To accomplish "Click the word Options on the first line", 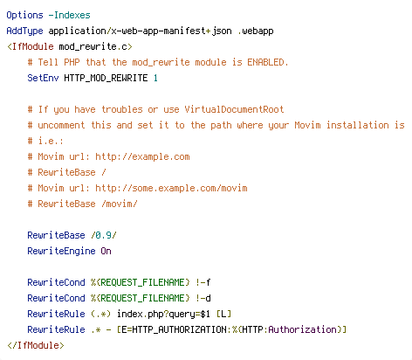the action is [24, 15].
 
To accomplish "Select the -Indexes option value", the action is [69, 15].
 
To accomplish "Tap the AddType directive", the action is [24, 31].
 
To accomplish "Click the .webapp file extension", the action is [256, 31].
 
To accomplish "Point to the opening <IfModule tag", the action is [31, 46].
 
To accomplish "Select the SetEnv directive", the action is [43, 78].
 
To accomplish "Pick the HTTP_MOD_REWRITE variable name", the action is [106, 78].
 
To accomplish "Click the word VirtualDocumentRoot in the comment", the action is [234, 109].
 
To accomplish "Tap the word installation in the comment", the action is [358, 125].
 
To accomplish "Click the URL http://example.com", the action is [142, 156].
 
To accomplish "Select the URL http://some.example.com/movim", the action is [171, 188].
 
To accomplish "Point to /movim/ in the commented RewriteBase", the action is [120, 204].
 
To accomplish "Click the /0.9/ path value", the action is [104, 235].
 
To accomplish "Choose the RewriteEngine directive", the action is [61, 251].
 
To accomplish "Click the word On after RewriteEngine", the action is [106, 251].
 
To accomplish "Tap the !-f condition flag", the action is [203, 282].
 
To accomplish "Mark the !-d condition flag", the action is [203, 298].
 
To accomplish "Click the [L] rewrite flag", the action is [223, 314].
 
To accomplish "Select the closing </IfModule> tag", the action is [36, 345].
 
